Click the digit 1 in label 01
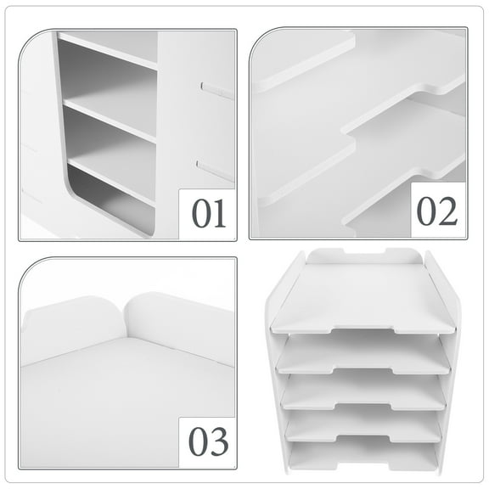[x=219, y=212]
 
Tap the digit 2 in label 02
[x=447, y=211]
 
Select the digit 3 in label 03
[x=219, y=441]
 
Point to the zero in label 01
[x=202, y=212]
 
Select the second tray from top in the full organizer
[x=363, y=352]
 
